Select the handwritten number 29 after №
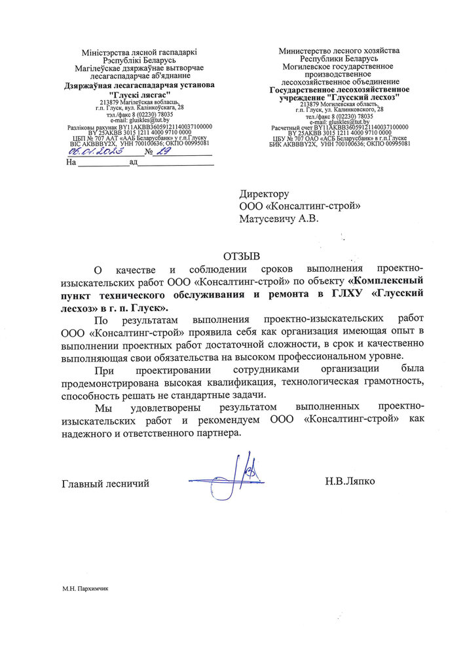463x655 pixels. pyautogui.click(x=165, y=151)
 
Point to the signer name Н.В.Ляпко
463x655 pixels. pyautogui.click(x=350, y=483)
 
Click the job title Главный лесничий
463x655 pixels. pyautogui.click(x=105, y=483)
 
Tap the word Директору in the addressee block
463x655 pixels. pyautogui.click(x=264, y=195)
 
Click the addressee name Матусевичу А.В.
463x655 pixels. pyautogui.click(x=279, y=219)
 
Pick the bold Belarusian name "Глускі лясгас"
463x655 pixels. pyautogui.click(x=139, y=94)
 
